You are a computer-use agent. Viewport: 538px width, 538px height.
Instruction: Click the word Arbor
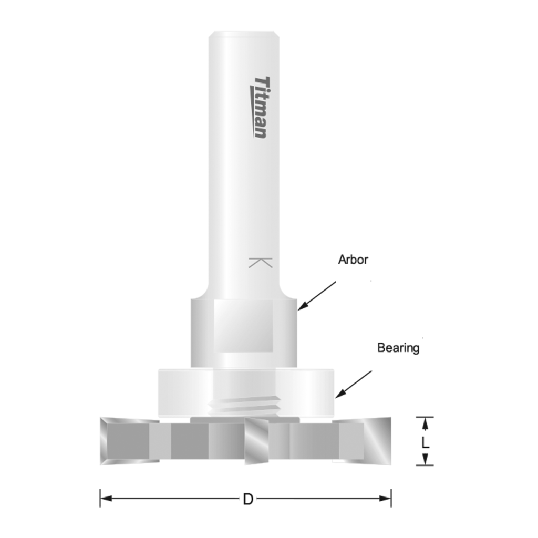[x=353, y=260]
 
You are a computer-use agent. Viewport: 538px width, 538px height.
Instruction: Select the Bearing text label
[x=398, y=348]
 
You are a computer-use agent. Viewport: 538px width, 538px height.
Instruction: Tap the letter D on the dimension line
[x=248, y=499]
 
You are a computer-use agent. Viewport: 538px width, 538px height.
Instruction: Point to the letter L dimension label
[x=426, y=442]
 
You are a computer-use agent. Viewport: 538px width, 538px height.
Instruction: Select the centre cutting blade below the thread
[x=257, y=441]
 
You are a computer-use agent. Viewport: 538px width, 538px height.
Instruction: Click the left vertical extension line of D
[x=100, y=498]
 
